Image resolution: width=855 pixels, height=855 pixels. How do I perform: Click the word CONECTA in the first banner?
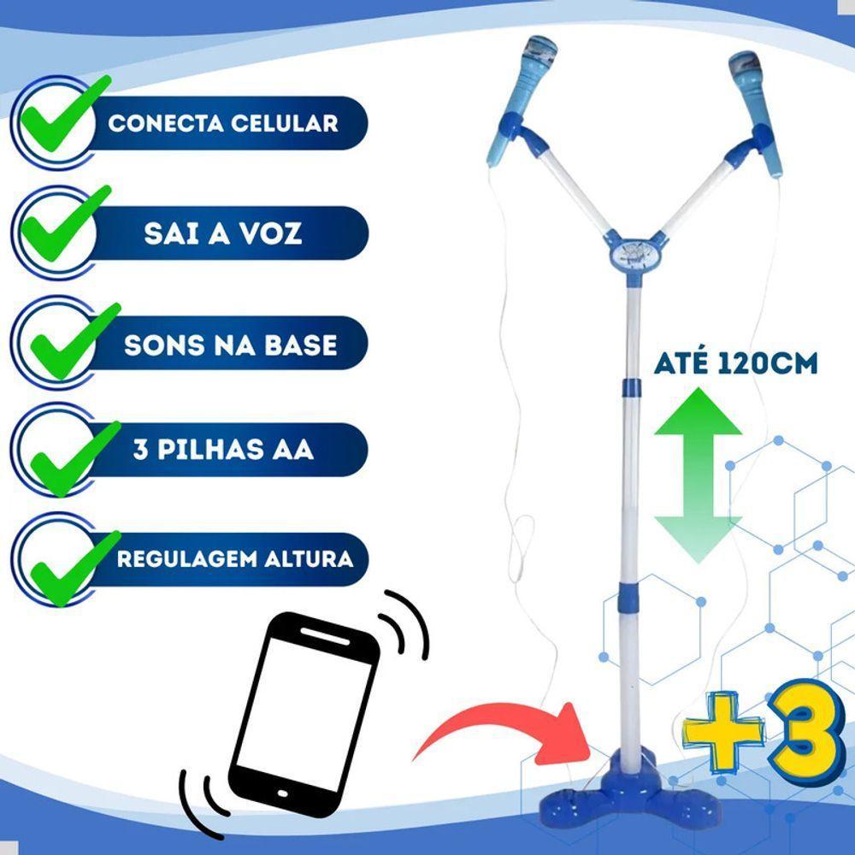tap(166, 123)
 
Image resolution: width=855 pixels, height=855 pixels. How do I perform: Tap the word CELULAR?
tap(284, 123)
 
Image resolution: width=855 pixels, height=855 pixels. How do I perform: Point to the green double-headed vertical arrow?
tap(698, 475)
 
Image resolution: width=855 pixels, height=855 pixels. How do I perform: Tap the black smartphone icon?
tap(304, 715)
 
